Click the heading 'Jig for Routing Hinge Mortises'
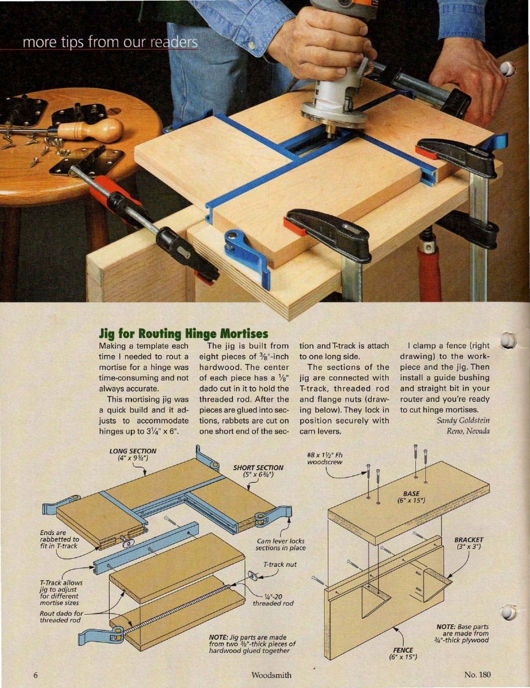[184, 334]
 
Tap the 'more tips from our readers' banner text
[110, 42]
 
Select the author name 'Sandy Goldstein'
[463, 420]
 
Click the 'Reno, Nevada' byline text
[468, 431]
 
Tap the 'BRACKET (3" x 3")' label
[469, 543]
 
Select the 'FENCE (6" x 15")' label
[403, 654]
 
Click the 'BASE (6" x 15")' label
[411, 497]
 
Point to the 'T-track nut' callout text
[279, 564]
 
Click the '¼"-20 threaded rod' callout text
[273, 600]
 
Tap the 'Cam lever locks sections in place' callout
[281, 545]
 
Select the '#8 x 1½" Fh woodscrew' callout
[325, 458]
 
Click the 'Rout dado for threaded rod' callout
[61, 617]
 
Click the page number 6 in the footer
[36, 675]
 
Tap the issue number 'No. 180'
[477, 675]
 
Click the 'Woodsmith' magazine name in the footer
[271, 675]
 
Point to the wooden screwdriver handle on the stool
[91, 129]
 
